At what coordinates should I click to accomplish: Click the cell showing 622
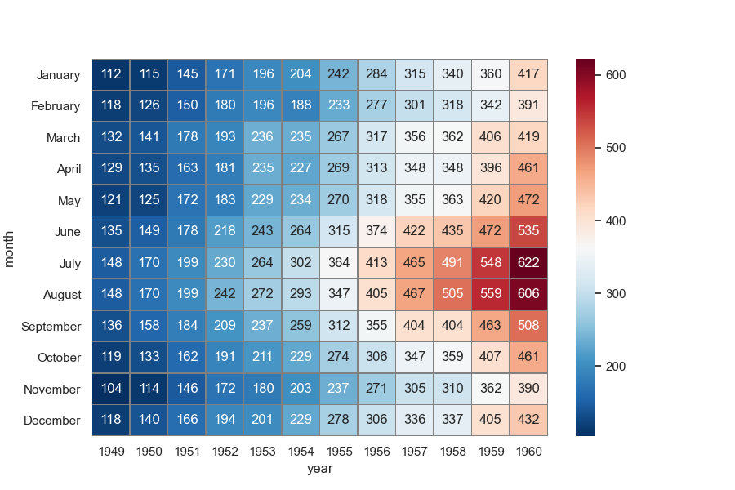click(528, 263)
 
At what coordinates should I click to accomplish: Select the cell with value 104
click(111, 389)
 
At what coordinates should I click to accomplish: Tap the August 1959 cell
click(491, 294)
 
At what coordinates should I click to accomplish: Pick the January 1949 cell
click(111, 74)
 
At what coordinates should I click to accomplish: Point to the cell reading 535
click(528, 231)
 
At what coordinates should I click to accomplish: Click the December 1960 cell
click(528, 420)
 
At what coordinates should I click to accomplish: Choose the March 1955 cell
click(339, 137)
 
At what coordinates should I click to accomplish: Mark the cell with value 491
click(452, 263)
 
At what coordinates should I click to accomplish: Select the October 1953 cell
click(263, 357)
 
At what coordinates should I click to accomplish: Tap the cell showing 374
click(376, 231)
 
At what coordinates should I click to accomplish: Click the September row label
click(52, 326)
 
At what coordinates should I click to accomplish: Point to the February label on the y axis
click(56, 106)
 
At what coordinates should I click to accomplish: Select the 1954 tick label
click(301, 451)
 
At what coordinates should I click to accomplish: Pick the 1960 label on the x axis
click(528, 451)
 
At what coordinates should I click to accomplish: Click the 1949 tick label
click(111, 451)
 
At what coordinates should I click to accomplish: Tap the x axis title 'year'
click(319, 469)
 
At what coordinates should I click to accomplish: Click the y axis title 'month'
click(11, 247)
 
